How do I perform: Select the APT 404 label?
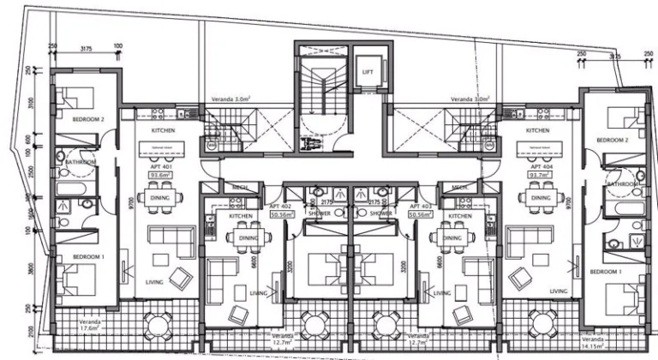click(x=539, y=165)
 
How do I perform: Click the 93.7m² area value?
click(x=539, y=174)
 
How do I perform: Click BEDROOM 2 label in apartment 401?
click(x=87, y=121)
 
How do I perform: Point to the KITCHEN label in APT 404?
click(x=537, y=130)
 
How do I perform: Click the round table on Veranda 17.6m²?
click(x=155, y=325)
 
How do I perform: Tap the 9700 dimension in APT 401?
click(x=125, y=202)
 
